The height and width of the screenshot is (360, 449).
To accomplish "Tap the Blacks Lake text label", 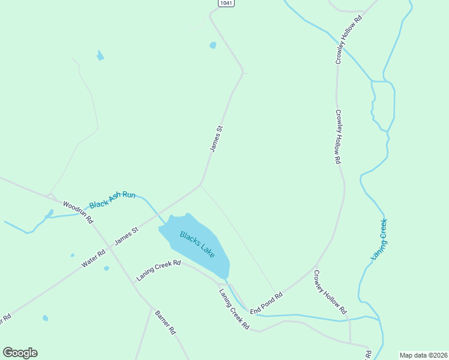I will pyautogui.click(x=197, y=244).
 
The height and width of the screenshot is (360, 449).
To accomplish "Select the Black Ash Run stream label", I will pyautogui.click(x=113, y=200).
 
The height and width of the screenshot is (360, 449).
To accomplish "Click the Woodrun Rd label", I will pyautogui.click(x=79, y=212).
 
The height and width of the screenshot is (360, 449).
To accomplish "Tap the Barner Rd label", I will pyautogui.click(x=165, y=322).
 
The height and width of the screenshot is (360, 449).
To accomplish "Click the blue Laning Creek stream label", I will pyautogui.click(x=379, y=239).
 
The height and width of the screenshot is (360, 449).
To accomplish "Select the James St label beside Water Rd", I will pyautogui.click(x=127, y=235).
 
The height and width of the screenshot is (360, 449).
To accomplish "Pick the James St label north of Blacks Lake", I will pyautogui.click(x=216, y=138).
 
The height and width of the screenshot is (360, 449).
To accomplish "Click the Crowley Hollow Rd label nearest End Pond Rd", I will pyautogui.click(x=330, y=292).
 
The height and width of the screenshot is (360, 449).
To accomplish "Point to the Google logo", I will pyautogui.click(x=20, y=353).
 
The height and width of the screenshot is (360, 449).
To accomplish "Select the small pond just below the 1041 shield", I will pyautogui.click(x=212, y=45).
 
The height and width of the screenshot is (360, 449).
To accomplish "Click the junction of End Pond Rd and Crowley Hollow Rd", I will pyautogui.click(x=316, y=264).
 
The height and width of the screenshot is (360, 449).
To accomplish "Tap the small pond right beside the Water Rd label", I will pyautogui.click(x=106, y=268).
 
